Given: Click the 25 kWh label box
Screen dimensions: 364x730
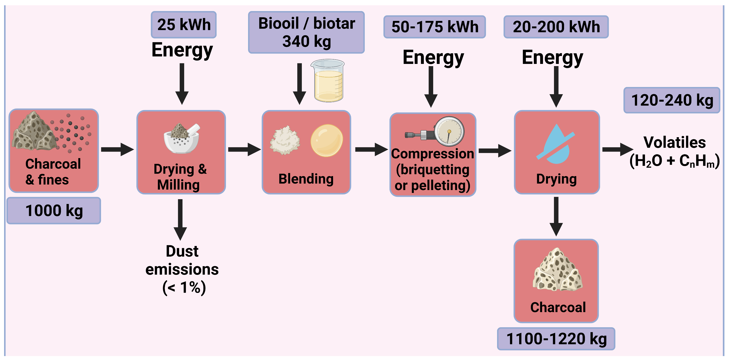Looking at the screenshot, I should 184,25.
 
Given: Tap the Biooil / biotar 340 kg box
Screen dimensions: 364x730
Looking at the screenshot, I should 306,32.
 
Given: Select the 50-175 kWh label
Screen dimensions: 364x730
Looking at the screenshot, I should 434,27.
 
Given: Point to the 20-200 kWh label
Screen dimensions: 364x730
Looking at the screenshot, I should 556,27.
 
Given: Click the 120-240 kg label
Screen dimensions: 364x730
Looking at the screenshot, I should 672,100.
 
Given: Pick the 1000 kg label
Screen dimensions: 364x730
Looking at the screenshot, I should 54,211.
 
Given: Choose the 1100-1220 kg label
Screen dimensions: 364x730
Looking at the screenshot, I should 556,339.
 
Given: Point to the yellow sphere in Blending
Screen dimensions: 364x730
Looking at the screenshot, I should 327,141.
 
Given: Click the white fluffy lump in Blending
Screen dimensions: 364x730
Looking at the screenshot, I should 285,141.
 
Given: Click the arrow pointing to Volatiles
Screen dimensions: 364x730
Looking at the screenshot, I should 617,149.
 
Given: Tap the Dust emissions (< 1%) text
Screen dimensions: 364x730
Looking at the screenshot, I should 182,270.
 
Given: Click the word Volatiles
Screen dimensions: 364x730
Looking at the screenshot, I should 675,142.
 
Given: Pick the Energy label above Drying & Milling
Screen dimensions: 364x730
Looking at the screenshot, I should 182,50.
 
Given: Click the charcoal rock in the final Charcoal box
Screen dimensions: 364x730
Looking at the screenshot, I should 557,271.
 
